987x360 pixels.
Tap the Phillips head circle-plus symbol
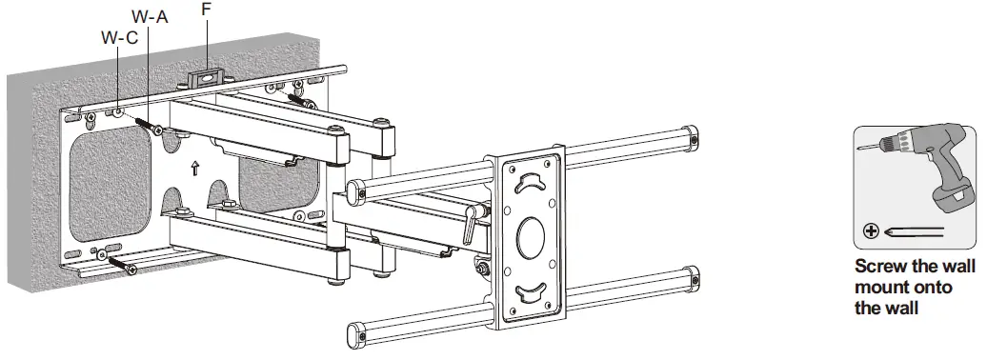870,230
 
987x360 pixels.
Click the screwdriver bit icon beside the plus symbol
914,230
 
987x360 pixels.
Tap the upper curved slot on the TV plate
529,184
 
